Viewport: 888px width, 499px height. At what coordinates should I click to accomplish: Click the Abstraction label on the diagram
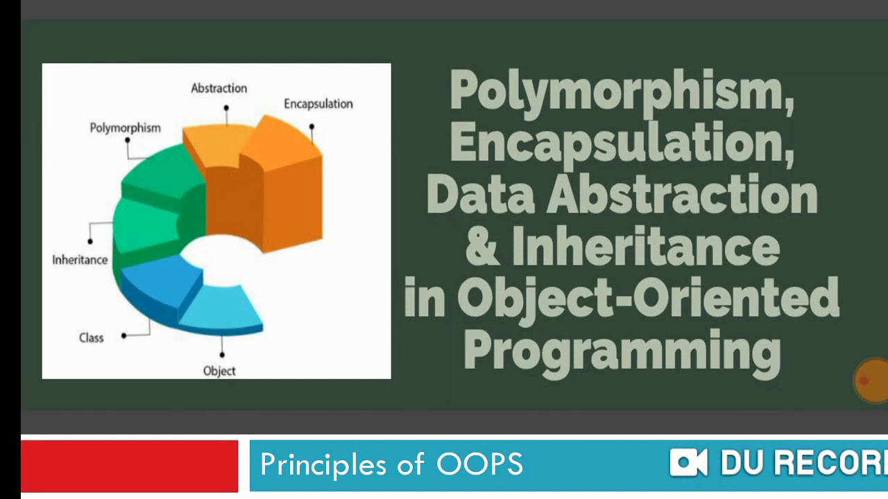tap(219, 88)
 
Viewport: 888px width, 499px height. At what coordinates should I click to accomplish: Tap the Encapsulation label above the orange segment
tap(318, 104)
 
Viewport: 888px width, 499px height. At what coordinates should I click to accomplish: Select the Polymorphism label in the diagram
tap(125, 128)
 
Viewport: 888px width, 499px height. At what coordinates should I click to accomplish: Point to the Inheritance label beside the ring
tap(80, 260)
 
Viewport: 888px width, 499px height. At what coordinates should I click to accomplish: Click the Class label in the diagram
tap(91, 338)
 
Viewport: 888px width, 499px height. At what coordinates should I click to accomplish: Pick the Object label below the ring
tap(219, 371)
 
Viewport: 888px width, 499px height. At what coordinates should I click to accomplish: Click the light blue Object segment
tap(222, 308)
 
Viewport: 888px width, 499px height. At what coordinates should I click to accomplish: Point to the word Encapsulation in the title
tap(621, 142)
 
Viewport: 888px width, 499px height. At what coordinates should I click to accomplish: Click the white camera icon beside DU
tap(688, 462)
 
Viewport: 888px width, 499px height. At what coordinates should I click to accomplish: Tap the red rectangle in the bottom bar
tap(129, 465)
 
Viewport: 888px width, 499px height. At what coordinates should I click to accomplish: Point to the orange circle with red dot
tap(870, 380)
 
